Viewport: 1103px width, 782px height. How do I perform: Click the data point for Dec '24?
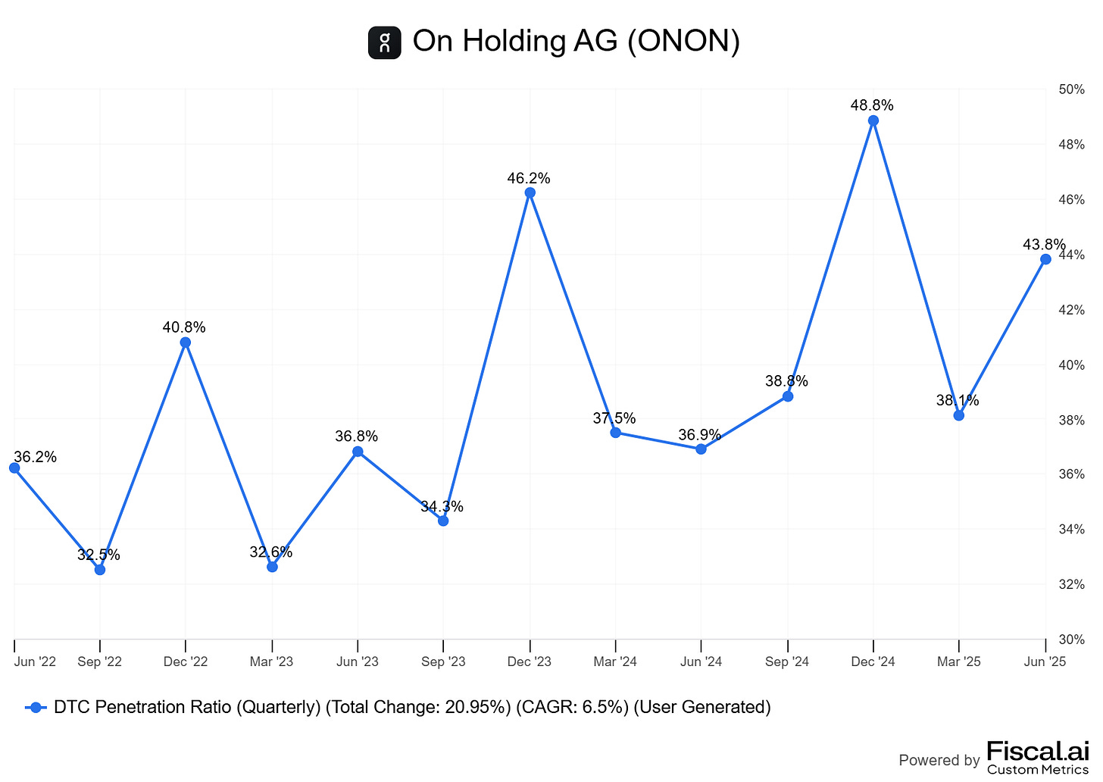pos(873,120)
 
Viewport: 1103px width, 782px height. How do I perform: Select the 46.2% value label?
pos(529,179)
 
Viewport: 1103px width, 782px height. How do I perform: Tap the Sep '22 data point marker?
pos(100,569)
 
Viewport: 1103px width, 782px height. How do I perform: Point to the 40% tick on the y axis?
pos(1071,365)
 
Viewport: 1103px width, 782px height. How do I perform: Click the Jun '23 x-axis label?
pos(358,662)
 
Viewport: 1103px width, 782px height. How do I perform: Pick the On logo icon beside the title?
pos(384,42)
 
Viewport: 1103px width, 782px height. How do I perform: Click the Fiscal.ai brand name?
pos(1037,752)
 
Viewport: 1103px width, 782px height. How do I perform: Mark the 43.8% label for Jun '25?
pos(1043,245)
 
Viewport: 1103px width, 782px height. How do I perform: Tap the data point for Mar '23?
pos(272,566)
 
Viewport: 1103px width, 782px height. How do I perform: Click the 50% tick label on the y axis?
pos(1071,89)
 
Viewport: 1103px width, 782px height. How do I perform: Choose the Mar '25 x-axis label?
pos(958,662)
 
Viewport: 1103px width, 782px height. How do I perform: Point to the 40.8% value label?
pos(184,327)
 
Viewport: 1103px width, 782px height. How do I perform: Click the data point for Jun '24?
pos(701,449)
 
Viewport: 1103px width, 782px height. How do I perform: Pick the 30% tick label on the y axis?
pos(1071,640)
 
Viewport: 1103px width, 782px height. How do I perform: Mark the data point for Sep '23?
pos(443,521)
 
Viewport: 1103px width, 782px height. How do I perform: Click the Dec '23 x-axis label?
pos(530,662)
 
